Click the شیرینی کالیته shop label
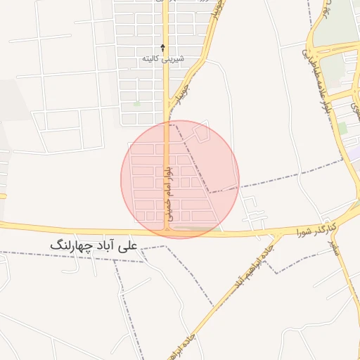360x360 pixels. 163,59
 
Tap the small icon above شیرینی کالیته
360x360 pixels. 163,48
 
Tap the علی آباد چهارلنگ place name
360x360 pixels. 95,245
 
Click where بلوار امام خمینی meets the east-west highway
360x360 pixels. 167,230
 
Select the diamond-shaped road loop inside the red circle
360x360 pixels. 202,131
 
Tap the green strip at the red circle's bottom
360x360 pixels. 197,229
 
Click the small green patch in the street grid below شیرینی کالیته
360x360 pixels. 138,103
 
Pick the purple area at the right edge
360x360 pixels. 356,152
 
